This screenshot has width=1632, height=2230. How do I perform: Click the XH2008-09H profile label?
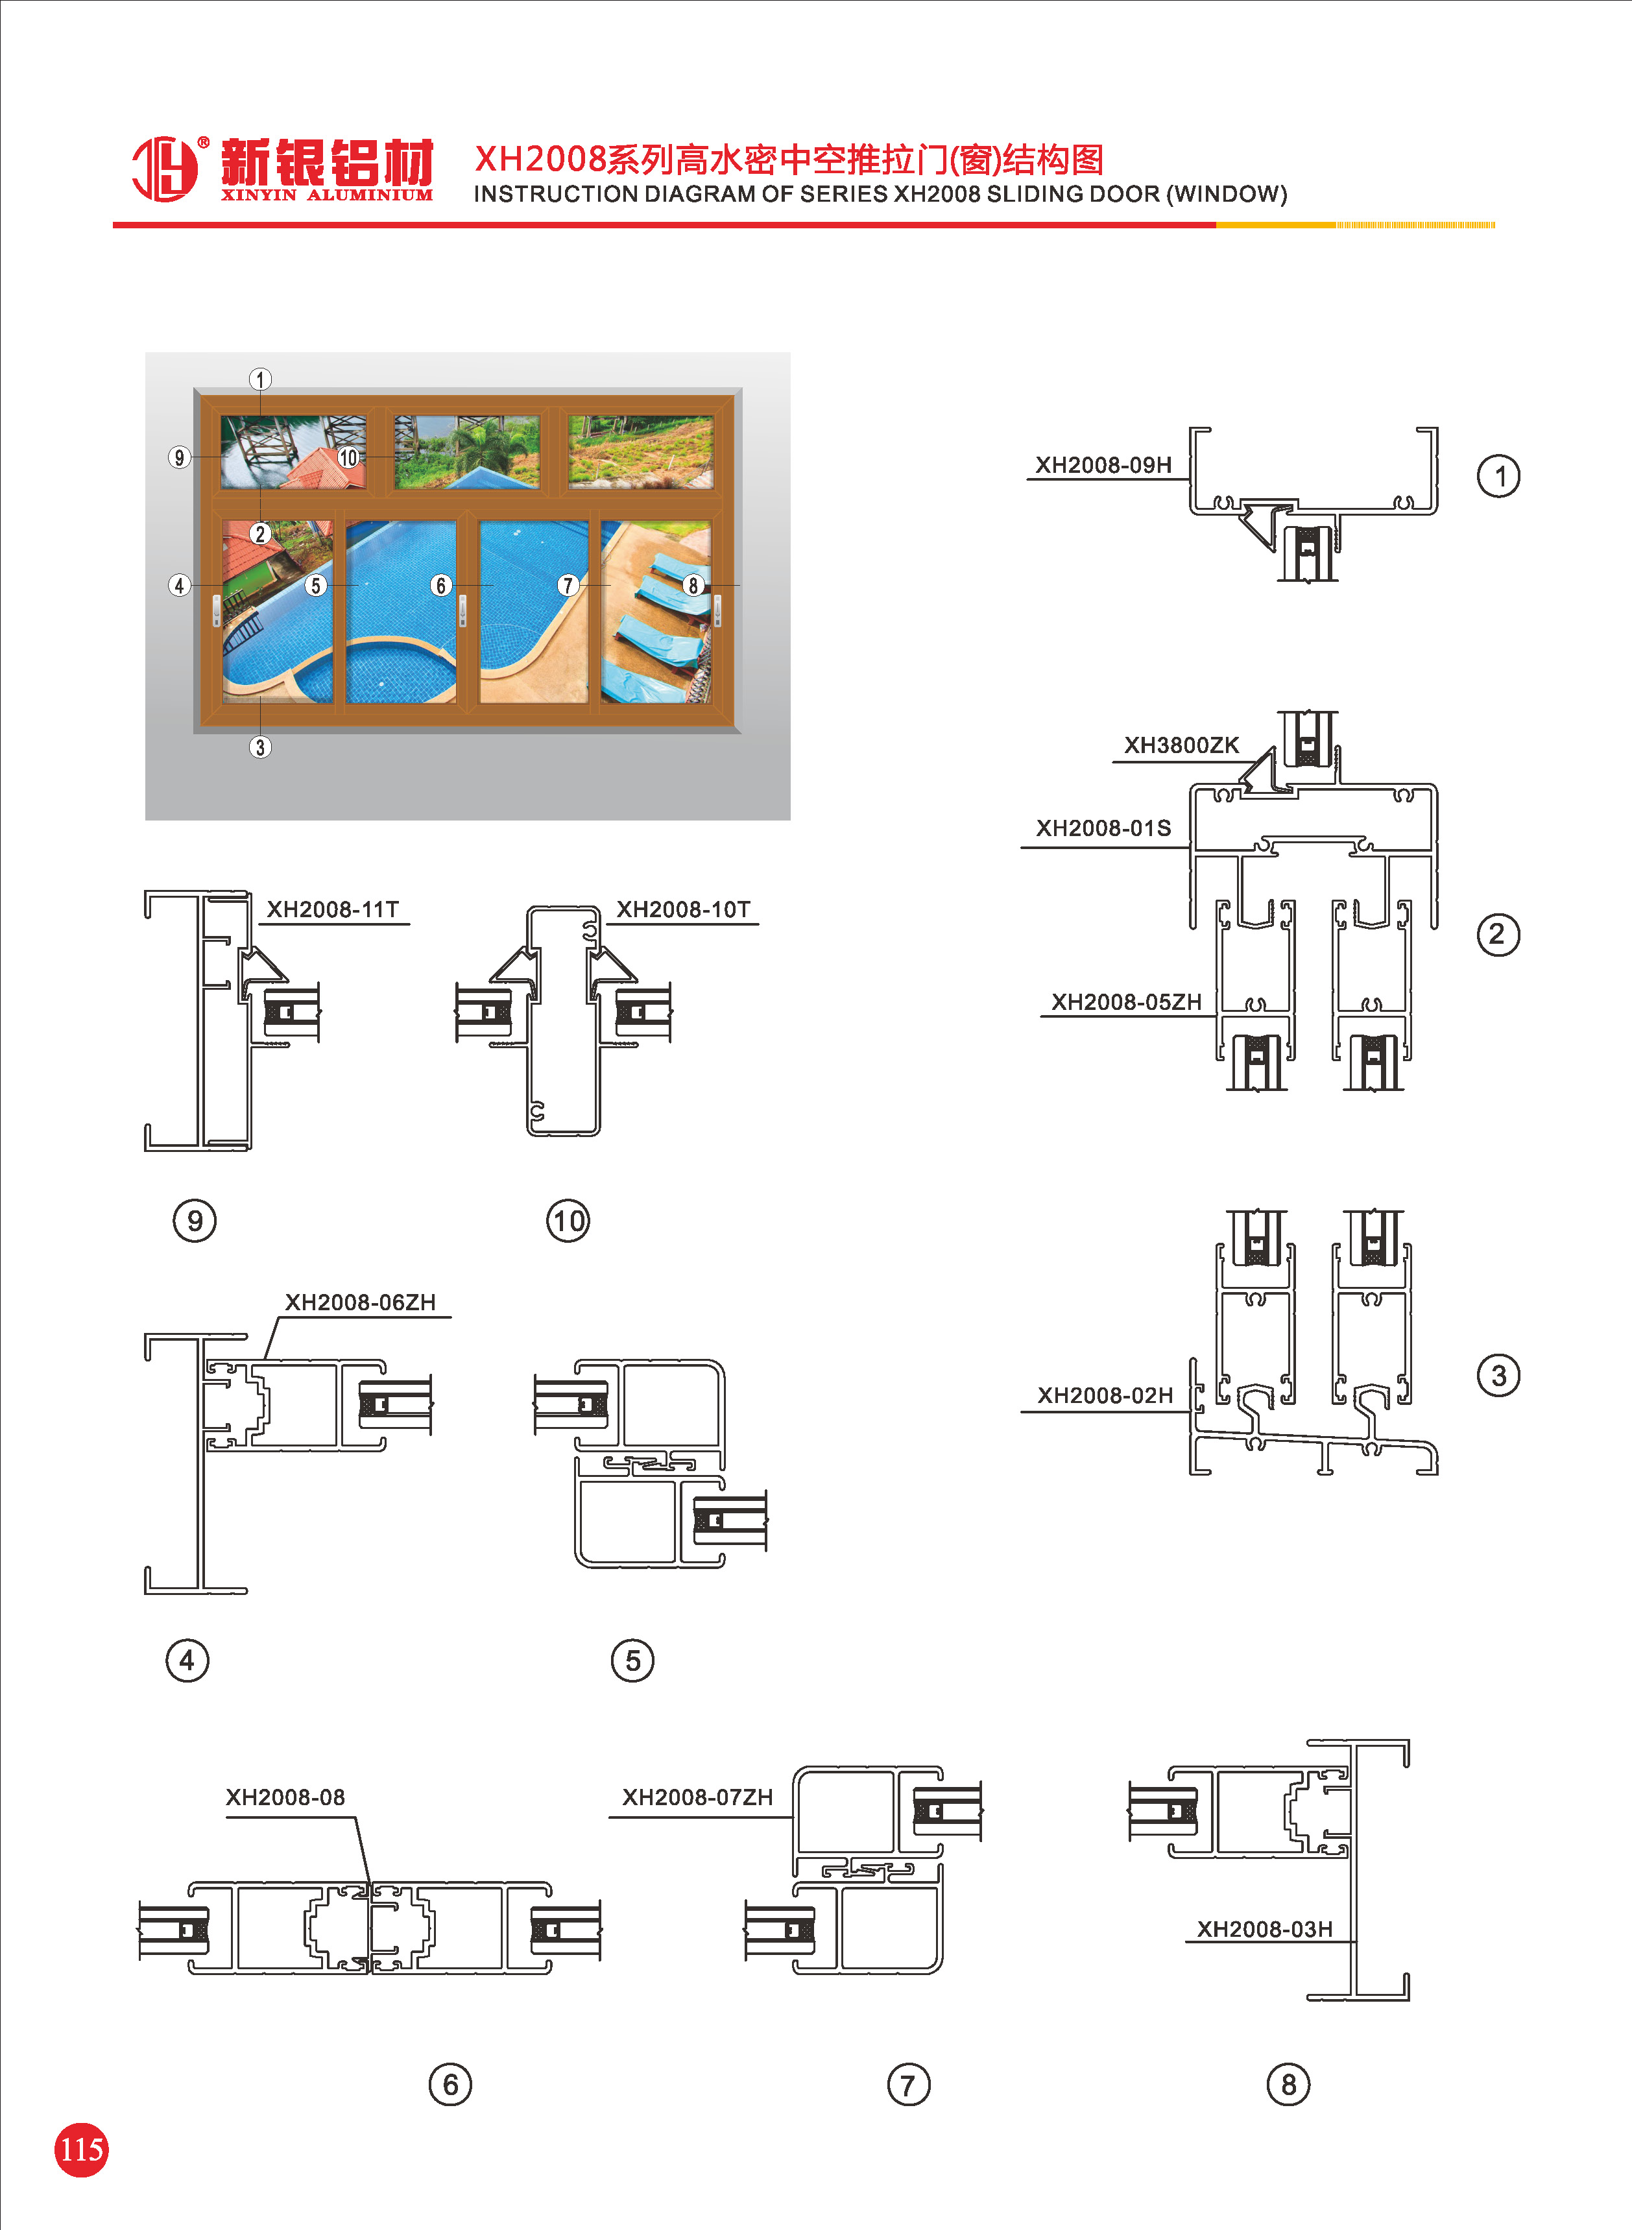(x=1103, y=465)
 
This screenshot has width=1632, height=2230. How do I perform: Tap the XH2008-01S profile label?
(x=1103, y=828)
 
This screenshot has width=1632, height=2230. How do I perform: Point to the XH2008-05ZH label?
(x=1125, y=1002)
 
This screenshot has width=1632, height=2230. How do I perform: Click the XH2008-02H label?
(x=1105, y=1395)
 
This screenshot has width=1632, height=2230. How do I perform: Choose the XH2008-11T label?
(x=333, y=909)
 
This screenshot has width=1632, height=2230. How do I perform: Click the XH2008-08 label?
(x=285, y=1797)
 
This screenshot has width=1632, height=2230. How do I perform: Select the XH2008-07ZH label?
(x=697, y=1797)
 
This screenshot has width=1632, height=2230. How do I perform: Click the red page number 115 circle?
(x=81, y=2149)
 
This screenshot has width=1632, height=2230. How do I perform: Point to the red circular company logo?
(x=165, y=169)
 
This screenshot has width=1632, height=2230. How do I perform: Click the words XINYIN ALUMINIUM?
(x=326, y=195)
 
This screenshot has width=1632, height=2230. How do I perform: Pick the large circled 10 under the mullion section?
(x=568, y=1221)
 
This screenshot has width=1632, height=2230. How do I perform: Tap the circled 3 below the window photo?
(x=260, y=748)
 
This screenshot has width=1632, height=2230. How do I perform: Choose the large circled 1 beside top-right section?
(x=1498, y=476)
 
